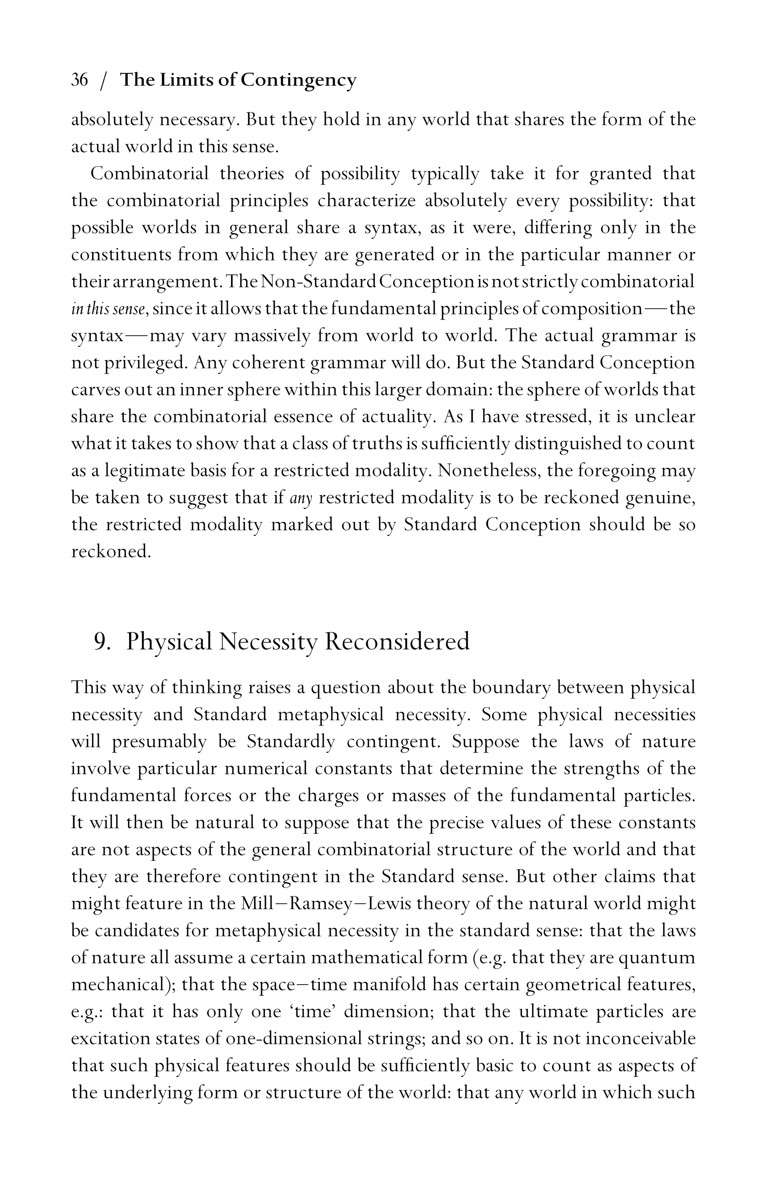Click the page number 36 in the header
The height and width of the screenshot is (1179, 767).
(80, 80)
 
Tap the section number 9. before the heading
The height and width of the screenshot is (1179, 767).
(101, 642)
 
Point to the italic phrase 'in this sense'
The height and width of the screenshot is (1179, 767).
(109, 309)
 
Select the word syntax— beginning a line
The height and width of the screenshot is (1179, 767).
(97, 337)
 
